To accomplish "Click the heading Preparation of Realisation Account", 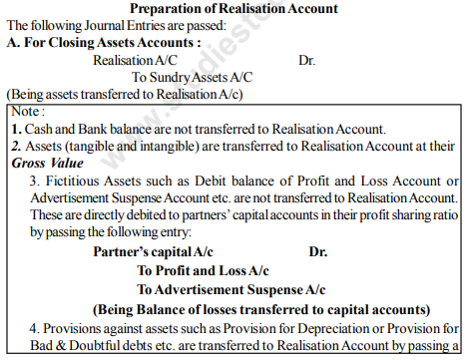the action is (234, 8).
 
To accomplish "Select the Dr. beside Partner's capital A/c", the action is (318, 252).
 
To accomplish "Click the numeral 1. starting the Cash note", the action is (15, 129).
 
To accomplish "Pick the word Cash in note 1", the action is (37, 129).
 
